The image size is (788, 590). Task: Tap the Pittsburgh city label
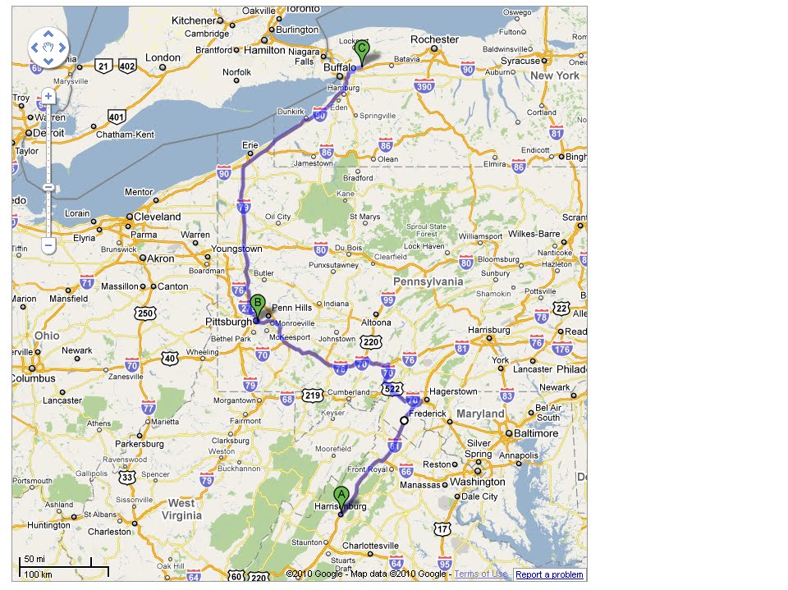click(x=228, y=322)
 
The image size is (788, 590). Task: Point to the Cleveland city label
click(x=158, y=217)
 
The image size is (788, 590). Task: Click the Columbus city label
click(x=33, y=378)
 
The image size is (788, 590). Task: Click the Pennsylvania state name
click(x=428, y=281)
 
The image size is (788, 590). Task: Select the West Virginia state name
click(x=181, y=509)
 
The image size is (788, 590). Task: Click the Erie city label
click(x=250, y=145)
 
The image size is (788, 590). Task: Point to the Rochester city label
click(x=434, y=39)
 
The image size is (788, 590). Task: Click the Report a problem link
click(x=549, y=574)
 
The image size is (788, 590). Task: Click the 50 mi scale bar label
click(x=34, y=559)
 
